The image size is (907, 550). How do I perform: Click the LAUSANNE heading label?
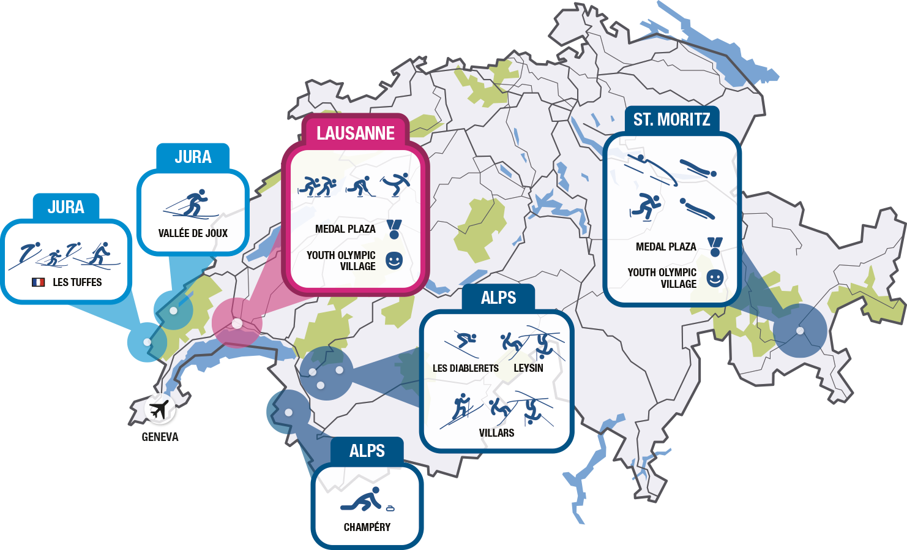355,133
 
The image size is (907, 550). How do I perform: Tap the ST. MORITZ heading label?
671,119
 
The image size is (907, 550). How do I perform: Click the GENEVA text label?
160,437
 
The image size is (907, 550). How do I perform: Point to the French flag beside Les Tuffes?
39,282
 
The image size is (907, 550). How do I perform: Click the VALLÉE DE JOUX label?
193,233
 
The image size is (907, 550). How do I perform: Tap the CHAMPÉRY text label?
367,527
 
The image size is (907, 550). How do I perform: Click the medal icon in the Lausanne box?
394,229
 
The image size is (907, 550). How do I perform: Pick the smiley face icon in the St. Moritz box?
715,278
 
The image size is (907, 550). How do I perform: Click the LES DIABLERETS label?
465,368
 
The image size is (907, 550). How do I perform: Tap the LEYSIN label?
528,367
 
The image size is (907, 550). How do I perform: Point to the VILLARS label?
496,433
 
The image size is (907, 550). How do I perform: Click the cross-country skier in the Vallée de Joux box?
192,204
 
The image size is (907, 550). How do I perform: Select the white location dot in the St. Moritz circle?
799,331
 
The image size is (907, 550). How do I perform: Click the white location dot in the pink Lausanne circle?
237,323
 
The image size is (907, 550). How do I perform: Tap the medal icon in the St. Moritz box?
715,247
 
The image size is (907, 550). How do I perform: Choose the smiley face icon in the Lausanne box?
394,260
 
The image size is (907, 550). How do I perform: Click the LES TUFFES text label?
77,282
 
